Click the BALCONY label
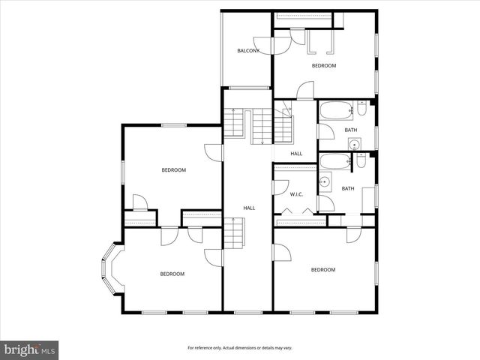(x=248, y=51)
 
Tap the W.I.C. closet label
(x=296, y=194)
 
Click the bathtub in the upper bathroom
(x=335, y=113)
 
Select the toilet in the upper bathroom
(x=361, y=111)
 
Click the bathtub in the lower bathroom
(x=334, y=160)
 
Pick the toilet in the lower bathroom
(x=361, y=160)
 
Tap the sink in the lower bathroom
(x=325, y=181)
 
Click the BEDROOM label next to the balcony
(x=324, y=66)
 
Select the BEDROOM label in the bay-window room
(x=172, y=274)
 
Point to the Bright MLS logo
(x=29, y=349)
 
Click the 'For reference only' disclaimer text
(x=239, y=348)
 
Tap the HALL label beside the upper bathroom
(x=296, y=154)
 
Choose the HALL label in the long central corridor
(x=249, y=208)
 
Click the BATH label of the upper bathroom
(x=351, y=130)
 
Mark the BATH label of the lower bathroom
(x=348, y=188)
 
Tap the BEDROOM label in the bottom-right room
(x=323, y=269)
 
